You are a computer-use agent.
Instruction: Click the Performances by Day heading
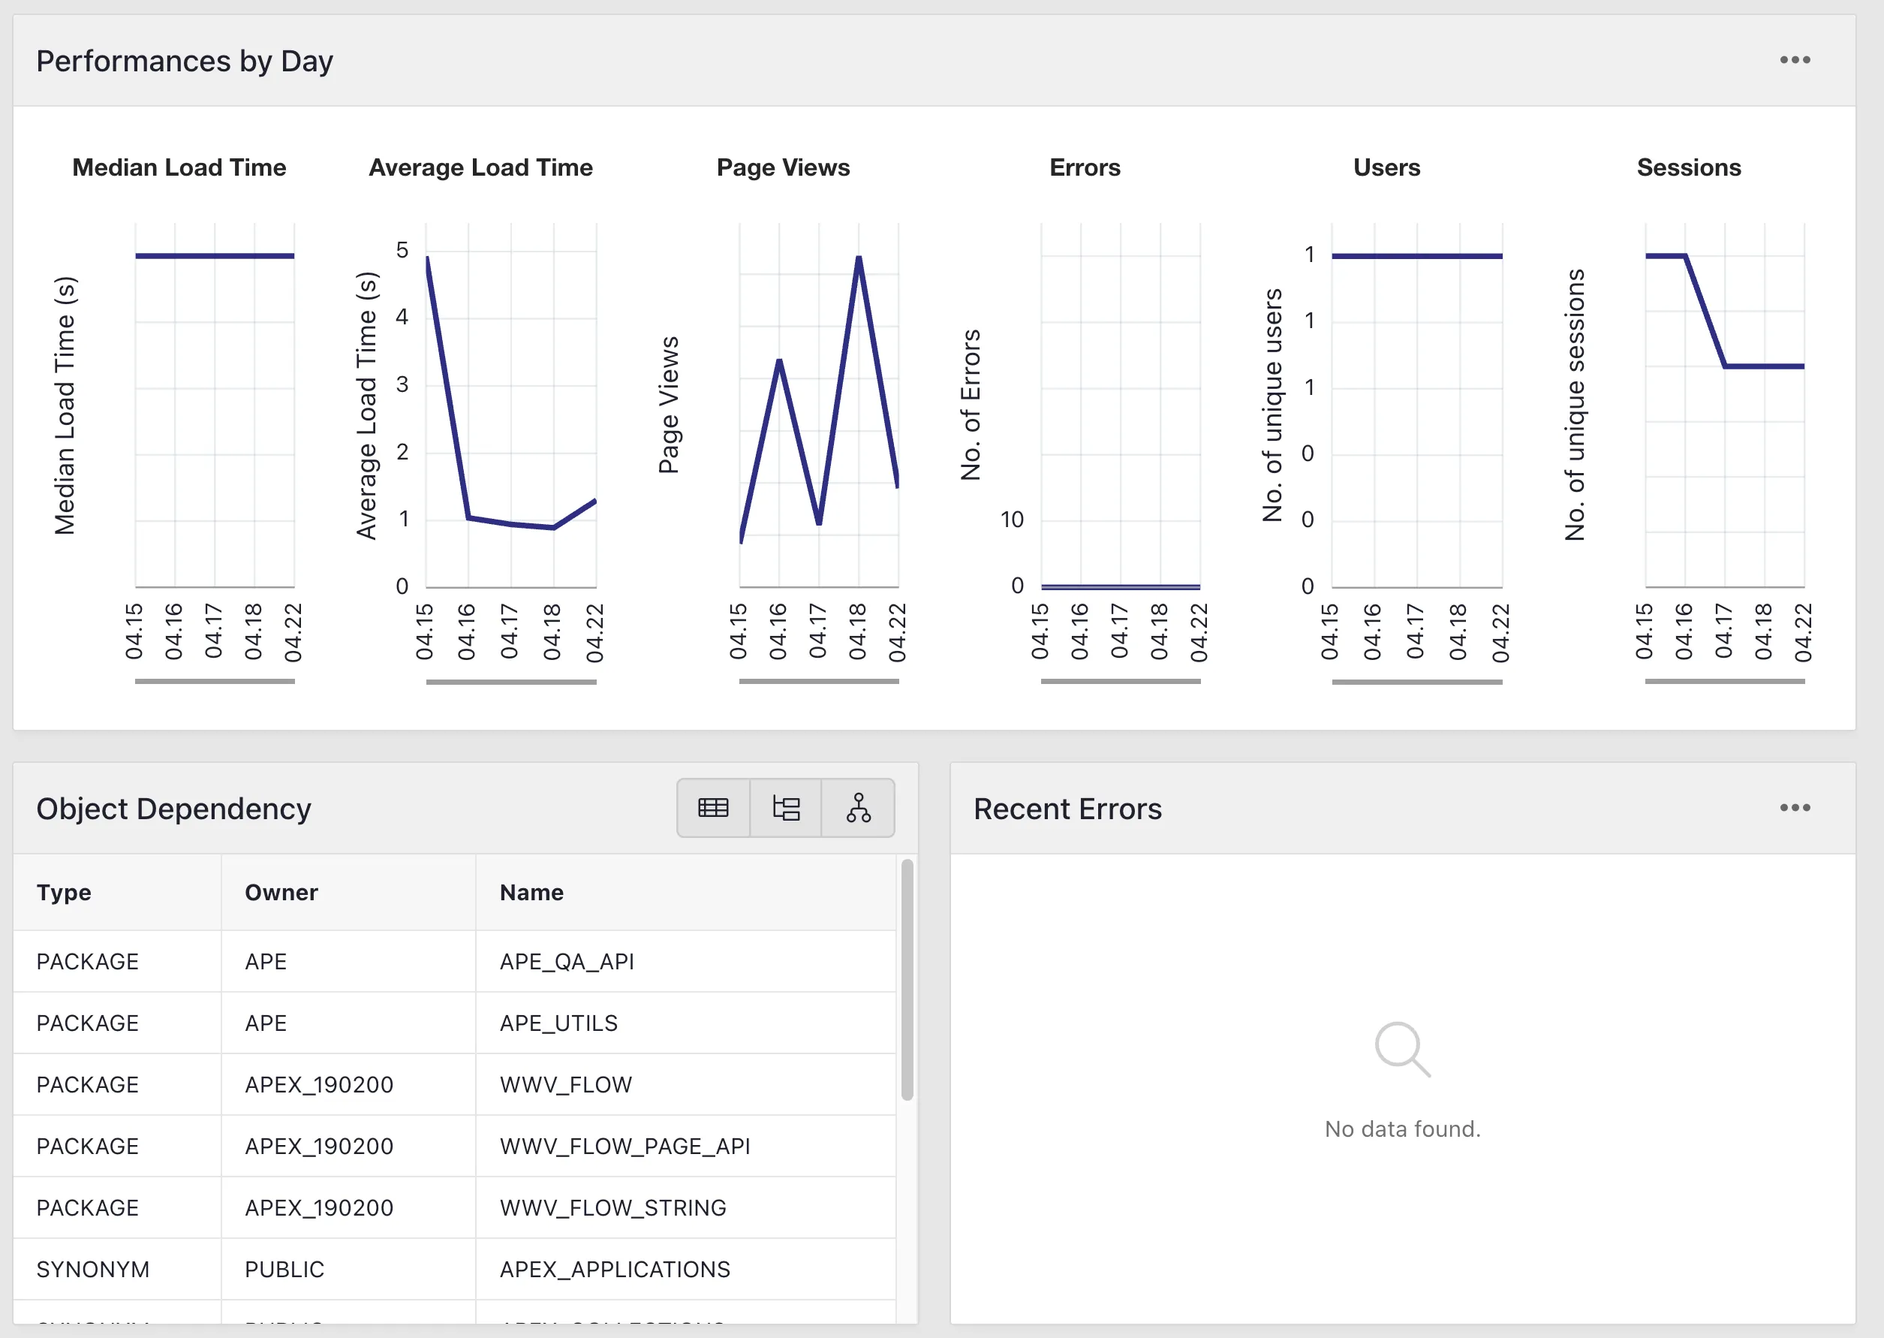click(185, 61)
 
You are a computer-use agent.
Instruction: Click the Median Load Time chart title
click(179, 167)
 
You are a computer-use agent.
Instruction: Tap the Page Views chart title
click(783, 167)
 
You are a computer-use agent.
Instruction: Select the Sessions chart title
click(1689, 167)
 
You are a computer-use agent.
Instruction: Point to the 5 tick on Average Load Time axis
click(402, 249)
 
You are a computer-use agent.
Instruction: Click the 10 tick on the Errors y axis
click(1012, 520)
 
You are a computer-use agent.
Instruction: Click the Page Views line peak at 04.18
click(859, 258)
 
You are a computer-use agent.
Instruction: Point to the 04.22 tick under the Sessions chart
click(1803, 632)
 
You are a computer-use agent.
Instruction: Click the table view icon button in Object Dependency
click(713, 808)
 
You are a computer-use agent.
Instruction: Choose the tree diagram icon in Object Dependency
click(858, 808)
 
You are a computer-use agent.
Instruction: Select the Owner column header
click(281, 892)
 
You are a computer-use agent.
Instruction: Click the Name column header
click(531, 892)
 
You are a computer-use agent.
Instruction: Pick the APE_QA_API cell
click(567, 962)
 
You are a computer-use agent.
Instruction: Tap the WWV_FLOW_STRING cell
click(612, 1208)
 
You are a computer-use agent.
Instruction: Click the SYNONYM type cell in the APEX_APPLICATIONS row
click(93, 1270)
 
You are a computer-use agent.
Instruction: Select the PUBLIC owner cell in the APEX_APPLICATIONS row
click(284, 1270)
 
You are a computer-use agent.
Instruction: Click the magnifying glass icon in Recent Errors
click(1401, 1049)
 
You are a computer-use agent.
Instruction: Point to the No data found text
click(1402, 1129)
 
